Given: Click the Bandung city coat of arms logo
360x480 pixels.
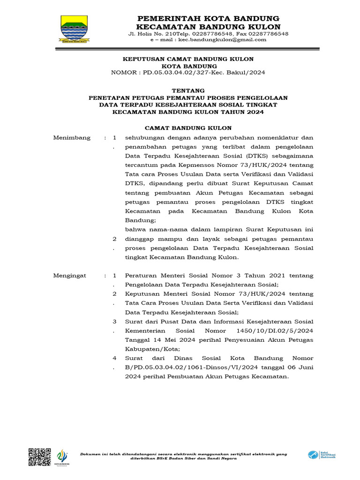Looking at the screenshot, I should (x=74, y=29).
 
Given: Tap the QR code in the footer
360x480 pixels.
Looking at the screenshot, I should (x=40, y=457).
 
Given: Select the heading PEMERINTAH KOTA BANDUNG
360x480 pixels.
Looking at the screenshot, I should (x=208, y=18).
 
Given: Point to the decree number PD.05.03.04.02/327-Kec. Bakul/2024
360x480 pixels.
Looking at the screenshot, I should (x=204, y=73).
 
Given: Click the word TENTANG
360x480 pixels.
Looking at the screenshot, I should (x=188, y=90).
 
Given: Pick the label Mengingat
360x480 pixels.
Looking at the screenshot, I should (x=70, y=276).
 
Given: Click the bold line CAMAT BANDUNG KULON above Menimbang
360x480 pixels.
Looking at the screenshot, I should (x=188, y=128).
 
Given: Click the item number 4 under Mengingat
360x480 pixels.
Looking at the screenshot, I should (x=115, y=359).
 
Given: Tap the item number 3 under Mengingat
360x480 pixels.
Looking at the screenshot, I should (x=115, y=322).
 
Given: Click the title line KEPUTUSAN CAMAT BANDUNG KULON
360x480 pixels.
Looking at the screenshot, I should (x=188, y=59).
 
